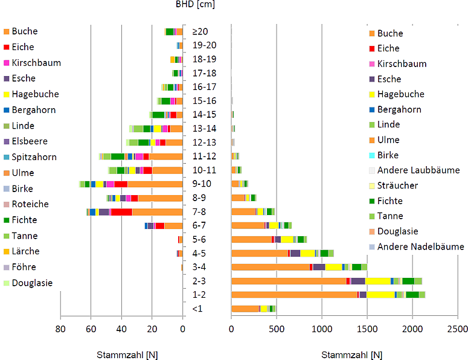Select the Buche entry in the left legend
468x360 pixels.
tap(24, 31)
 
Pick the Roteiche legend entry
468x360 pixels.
tap(30, 204)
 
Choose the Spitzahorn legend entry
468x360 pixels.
tap(34, 157)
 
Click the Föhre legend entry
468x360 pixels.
tap(24, 267)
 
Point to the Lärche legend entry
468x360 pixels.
tap(25, 251)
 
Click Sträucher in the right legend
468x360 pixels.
tap(398, 185)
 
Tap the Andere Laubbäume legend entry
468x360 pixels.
tap(417, 170)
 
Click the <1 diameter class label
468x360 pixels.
tap(196, 309)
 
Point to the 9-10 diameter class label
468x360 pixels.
tap(200, 184)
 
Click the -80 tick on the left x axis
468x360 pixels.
tap(58, 329)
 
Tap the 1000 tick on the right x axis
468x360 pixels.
tap(320, 329)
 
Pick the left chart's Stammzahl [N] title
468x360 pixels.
tap(126, 355)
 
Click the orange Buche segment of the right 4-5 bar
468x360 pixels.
tap(260, 253)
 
